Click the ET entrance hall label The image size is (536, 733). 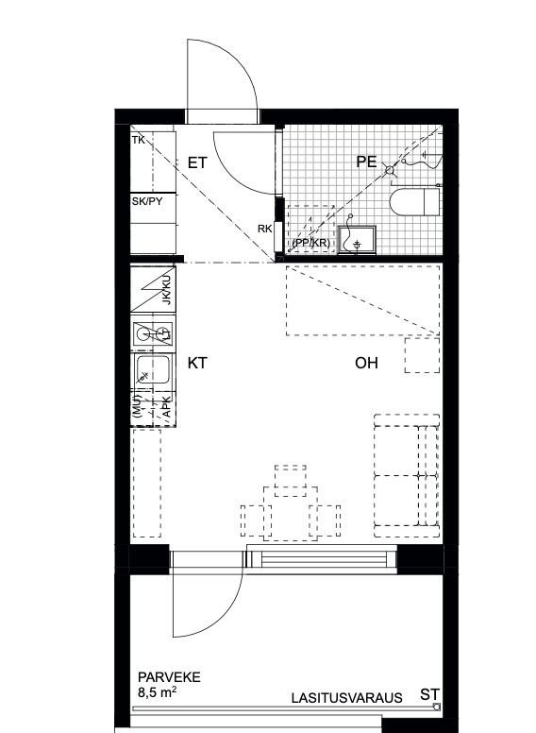pos(197,162)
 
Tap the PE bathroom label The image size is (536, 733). pos(366,162)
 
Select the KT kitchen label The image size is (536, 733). pos(197,364)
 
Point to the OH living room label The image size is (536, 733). pos(366,364)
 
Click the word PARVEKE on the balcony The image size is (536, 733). pos(169,677)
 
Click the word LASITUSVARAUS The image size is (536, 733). pos(347,698)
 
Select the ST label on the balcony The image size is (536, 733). pos(429,694)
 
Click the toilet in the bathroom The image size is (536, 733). pos(414,203)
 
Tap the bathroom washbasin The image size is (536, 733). pos(358,240)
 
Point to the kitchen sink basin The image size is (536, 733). pos(152,370)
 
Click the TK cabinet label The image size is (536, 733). pos(138,140)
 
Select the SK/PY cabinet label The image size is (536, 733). pos(147,201)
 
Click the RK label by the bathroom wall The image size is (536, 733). pos(265,229)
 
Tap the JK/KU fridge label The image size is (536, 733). pos(167,290)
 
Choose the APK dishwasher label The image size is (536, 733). pos(166,407)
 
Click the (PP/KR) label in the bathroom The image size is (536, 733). pos(310,244)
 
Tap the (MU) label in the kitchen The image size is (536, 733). pos(136,407)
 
